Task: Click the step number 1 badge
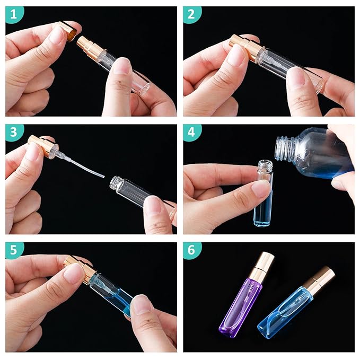[x=14, y=15]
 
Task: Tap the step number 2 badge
[x=192, y=15]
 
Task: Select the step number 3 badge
[x=14, y=133]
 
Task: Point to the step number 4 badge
[x=192, y=133]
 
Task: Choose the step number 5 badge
[x=14, y=250]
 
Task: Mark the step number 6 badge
[x=192, y=250]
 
